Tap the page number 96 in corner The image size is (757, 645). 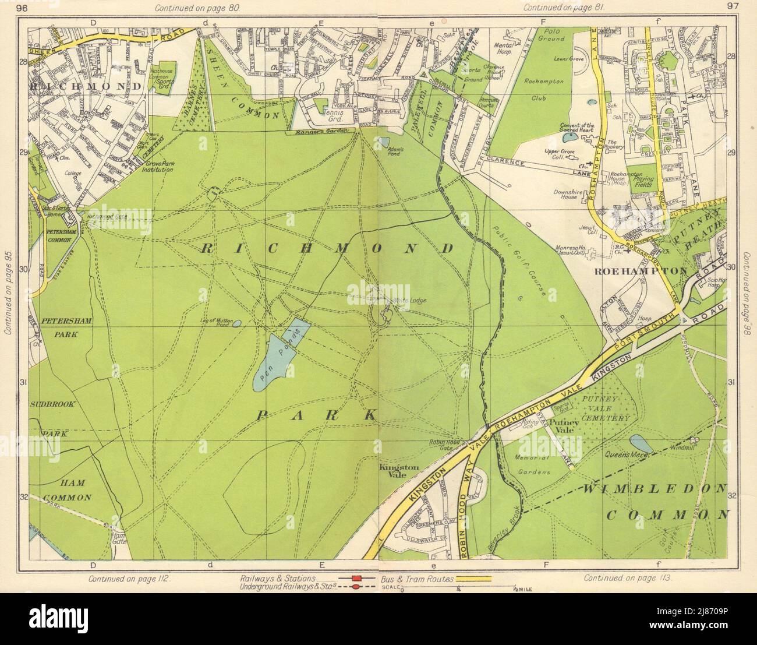click(23, 8)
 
